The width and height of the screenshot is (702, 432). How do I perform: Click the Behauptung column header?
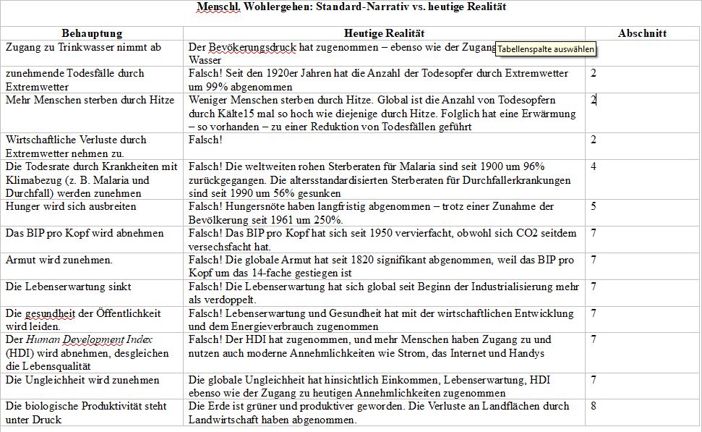pyautogui.click(x=92, y=33)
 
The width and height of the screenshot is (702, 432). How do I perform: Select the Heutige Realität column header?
pyautogui.click(x=384, y=33)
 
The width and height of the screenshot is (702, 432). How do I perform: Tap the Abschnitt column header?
pyautogui.click(x=642, y=33)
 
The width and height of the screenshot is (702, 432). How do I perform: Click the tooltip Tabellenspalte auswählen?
pyautogui.click(x=547, y=49)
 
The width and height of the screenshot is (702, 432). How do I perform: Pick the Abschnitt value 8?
pyautogui.click(x=594, y=406)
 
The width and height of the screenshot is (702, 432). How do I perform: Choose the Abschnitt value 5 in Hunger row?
pyautogui.click(x=594, y=206)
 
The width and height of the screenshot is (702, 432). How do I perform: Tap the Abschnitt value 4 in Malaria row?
pyautogui.click(x=594, y=166)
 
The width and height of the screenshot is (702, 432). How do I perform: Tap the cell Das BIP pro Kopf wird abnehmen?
pyautogui.click(x=85, y=233)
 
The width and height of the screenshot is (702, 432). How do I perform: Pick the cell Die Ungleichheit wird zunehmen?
pyautogui.click(x=82, y=379)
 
